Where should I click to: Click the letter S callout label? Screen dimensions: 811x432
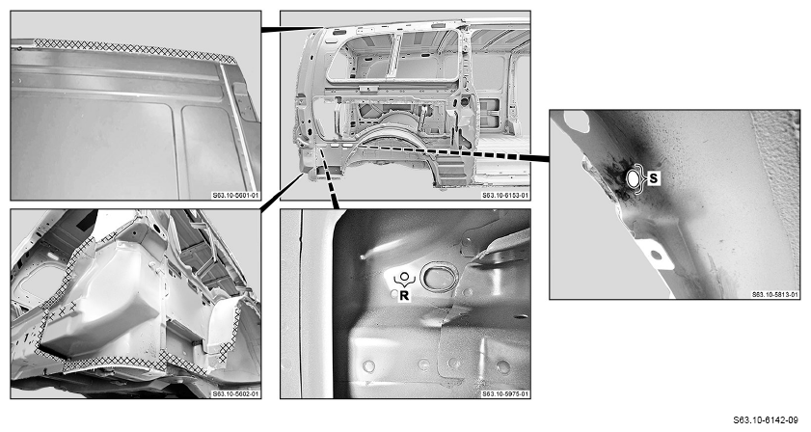(x=654, y=178)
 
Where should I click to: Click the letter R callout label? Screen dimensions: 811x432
(x=404, y=296)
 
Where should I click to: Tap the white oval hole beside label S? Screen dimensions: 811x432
(x=634, y=179)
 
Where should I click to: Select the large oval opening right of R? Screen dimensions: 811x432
(x=439, y=278)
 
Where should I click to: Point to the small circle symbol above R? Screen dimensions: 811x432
(x=404, y=276)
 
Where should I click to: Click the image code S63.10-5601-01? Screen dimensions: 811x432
(x=235, y=195)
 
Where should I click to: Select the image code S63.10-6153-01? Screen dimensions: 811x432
(x=505, y=195)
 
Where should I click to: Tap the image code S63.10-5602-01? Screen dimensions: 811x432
(x=235, y=393)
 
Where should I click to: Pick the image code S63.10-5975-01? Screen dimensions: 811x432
(x=505, y=393)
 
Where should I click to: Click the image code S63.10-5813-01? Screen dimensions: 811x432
(x=774, y=294)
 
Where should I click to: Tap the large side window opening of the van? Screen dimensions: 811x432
(x=393, y=56)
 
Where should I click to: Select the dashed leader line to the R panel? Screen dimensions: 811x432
(x=329, y=179)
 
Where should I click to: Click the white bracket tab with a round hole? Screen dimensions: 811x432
(x=656, y=254)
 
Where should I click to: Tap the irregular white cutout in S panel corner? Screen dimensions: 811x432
(x=578, y=121)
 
